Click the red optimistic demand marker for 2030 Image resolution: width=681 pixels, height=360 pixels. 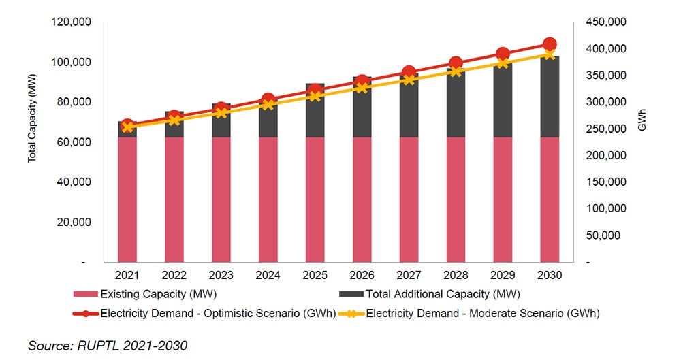tap(550, 44)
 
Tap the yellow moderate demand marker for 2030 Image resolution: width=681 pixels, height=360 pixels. tap(550, 54)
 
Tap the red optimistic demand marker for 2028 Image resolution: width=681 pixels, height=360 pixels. tap(456, 63)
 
